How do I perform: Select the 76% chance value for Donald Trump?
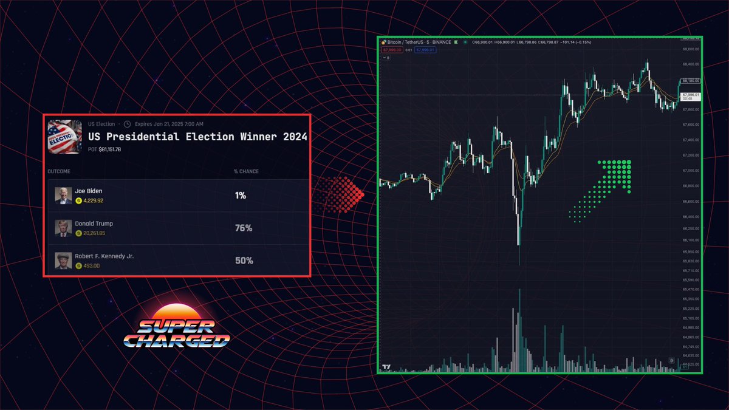[244, 228]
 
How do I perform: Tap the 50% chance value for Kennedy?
[244, 261]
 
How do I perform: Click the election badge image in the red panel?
[65, 136]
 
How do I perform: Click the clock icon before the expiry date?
[127, 125]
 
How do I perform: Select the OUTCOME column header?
[60, 171]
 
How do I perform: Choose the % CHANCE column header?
[246, 171]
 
